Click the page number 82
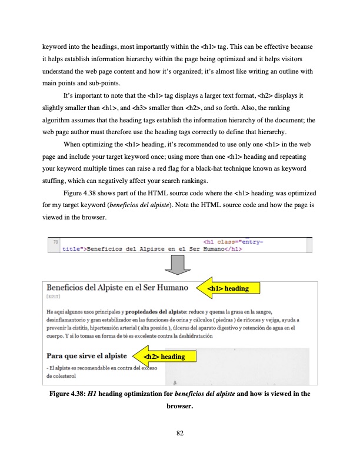[180, 434]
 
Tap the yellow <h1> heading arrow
[229, 288]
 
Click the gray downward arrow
[179, 264]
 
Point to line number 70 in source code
[56, 241]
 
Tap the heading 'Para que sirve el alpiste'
[86, 355]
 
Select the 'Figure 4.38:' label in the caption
[68, 394]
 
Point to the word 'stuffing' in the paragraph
[54, 180]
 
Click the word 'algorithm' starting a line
[58, 119]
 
